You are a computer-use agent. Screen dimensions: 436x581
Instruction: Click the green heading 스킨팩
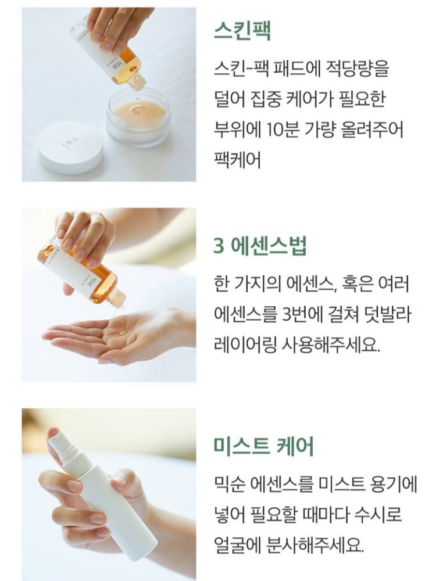pos(242,31)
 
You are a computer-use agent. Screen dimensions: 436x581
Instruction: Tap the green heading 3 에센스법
pos(260,245)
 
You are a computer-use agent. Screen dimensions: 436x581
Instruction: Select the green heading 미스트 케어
pos(263,446)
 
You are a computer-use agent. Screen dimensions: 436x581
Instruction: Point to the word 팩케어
pos(238,160)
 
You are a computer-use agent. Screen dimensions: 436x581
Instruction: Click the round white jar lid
pos(70,148)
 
